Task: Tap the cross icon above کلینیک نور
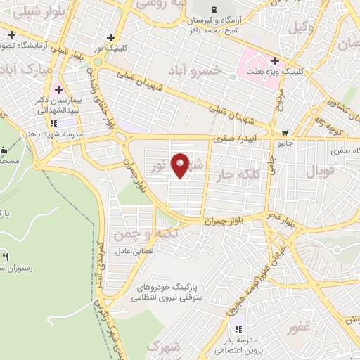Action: (x=110, y=37)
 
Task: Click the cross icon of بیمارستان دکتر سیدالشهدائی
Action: (x=58, y=89)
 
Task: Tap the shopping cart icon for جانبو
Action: (x=284, y=132)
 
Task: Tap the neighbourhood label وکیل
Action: (x=301, y=27)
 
